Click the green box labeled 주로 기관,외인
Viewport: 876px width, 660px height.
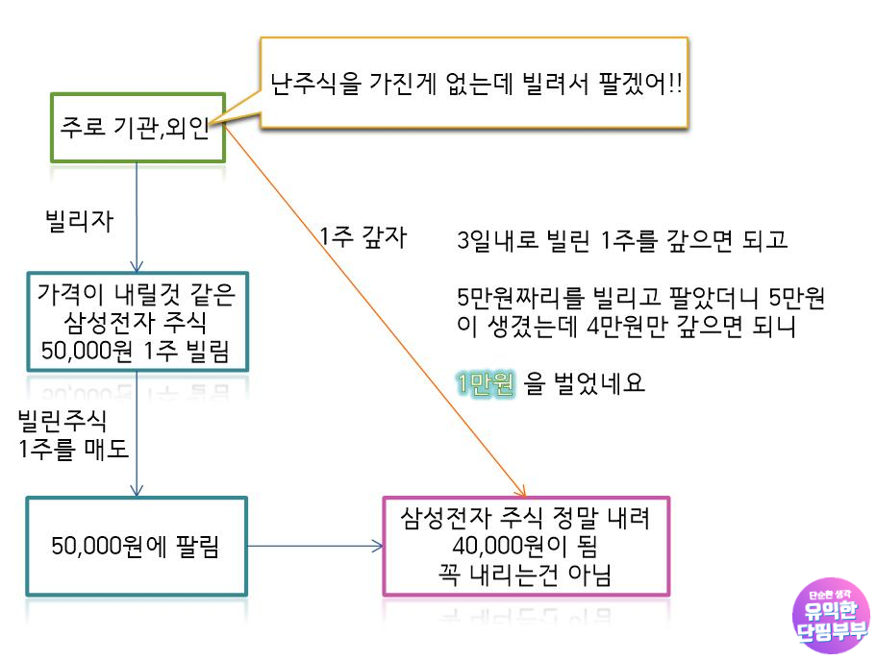[x=137, y=127]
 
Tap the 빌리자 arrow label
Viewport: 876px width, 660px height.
[x=79, y=221]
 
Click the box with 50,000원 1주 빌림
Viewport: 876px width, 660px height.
[x=137, y=321]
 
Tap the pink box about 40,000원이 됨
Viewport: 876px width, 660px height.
[x=525, y=547]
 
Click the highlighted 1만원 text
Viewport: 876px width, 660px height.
[x=486, y=384]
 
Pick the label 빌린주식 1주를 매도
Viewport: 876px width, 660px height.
[x=73, y=434]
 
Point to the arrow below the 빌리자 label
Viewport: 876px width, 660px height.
[x=138, y=216]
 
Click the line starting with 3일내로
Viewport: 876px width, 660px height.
[x=623, y=239]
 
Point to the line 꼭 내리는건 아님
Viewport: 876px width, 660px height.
[x=525, y=574]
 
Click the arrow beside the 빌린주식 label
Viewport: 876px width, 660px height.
[x=138, y=432]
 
